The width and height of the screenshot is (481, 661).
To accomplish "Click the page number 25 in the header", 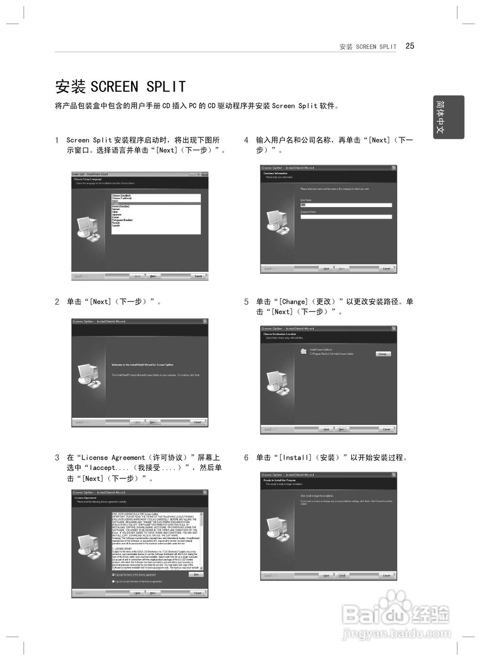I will click(x=410, y=46).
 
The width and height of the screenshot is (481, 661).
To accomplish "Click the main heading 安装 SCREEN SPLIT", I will click(x=120, y=86).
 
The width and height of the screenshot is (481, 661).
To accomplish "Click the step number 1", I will click(x=57, y=140).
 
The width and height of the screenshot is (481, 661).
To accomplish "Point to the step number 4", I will click(x=246, y=140).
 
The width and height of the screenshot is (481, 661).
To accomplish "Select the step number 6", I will click(x=246, y=458).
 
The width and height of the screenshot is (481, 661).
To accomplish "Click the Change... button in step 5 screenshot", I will click(x=383, y=354).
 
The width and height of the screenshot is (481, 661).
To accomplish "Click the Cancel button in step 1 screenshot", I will click(x=198, y=276).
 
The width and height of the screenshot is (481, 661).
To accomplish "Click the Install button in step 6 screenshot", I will click(x=341, y=575).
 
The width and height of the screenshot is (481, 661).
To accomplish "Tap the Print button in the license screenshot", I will click(x=196, y=574).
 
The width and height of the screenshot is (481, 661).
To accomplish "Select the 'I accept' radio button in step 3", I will click(x=114, y=575).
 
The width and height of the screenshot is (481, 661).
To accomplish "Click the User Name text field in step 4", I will click(x=346, y=205).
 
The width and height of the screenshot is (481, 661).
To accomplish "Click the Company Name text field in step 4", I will click(x=346, y=217).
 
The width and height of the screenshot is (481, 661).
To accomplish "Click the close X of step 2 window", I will click(x=205, y=321).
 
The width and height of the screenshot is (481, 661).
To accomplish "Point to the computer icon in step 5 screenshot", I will click(x=277, y=382).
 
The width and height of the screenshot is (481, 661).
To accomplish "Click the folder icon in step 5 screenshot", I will click(x=303, y=352).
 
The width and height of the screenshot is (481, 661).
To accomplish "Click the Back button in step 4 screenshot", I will click(x=326, y=269).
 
